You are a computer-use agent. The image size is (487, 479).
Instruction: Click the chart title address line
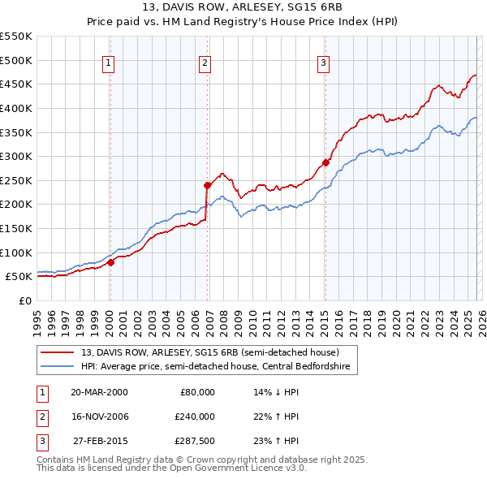click(x=243, y=7)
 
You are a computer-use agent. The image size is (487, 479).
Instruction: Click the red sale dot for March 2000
click(x=110, y=262)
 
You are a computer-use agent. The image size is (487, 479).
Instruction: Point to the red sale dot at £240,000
click(x=207, y=185)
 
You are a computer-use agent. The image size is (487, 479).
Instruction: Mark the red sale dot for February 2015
click(x=325, y=162)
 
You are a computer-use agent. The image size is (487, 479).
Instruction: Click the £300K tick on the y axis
click(x=16, y=156)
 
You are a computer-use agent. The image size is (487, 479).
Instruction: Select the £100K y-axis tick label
click(x=16, y=252)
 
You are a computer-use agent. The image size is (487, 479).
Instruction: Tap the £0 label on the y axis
click(x=24, y=300)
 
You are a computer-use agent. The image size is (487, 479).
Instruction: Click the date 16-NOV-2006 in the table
click(x=99, y=416)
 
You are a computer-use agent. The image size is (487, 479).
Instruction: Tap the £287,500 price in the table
click(x=195, y=441)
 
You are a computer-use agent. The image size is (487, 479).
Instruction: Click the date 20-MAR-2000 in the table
click(x=99, y=392)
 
